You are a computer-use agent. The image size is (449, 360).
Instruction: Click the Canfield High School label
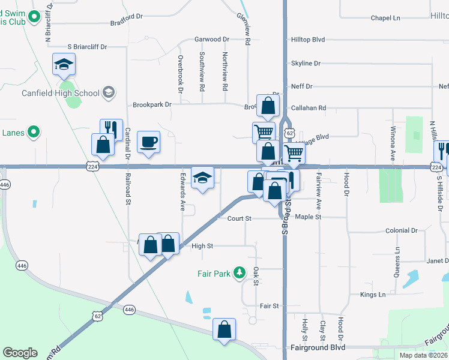[x=60, y=93]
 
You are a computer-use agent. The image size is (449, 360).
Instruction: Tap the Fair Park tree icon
[x=240, y=274]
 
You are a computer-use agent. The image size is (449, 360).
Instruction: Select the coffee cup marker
[x=148, y=142]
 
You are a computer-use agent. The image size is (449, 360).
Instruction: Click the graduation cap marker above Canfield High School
[x=64, y=64]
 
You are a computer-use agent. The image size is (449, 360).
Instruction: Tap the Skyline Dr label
[x=306, y=63]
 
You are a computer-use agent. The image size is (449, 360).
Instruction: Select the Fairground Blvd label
[x=318, y=347]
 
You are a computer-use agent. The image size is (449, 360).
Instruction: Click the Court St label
[x=239, y=218]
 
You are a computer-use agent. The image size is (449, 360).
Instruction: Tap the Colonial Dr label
[x=401, y=230]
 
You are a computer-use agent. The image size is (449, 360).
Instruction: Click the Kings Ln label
[x=373, y=295]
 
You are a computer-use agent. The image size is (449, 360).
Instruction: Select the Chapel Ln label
[x=385, y=18]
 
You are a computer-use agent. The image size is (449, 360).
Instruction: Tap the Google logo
[x=20, y=353]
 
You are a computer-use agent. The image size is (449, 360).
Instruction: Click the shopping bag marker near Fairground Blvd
[x=224, y=329]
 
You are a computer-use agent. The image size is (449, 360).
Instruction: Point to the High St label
[x=202, y=246]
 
